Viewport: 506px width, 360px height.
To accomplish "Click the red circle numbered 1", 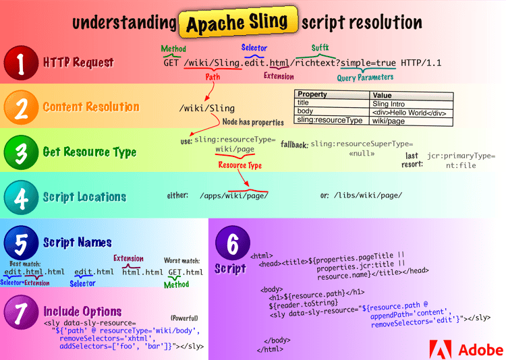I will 21,63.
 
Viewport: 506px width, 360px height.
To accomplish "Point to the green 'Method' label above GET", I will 173,49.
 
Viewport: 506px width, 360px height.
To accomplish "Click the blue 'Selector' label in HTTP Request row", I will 254,48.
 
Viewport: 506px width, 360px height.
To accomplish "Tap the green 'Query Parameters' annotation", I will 365,77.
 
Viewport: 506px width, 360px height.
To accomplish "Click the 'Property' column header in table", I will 313,95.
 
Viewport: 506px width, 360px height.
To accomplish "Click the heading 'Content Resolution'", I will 91,107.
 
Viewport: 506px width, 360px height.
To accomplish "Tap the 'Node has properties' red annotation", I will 253,122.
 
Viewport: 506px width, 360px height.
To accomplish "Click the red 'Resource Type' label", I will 240,165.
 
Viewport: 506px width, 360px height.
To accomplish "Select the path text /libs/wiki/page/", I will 369,196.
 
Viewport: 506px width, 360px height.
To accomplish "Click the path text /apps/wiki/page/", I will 234,196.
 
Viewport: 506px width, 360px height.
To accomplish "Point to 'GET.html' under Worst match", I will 185,272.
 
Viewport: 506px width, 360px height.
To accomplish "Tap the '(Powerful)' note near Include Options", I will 184,317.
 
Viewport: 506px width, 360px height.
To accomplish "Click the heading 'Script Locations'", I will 84,198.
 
